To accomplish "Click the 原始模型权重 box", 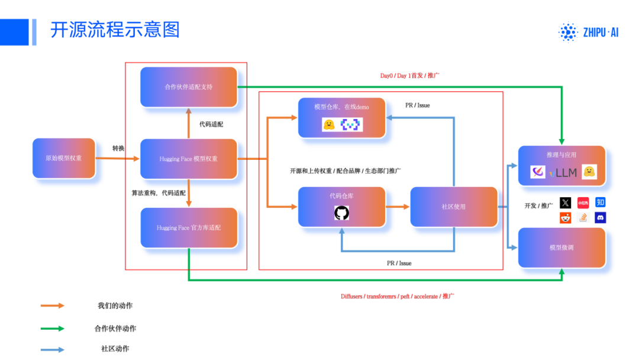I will (x=64, y=158).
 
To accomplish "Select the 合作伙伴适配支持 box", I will (x=189, y=87).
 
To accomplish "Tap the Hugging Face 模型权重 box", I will (x=189, y=159).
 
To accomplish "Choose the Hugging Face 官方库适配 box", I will (x=189, y=227).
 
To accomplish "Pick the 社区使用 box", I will (x=454, y=207).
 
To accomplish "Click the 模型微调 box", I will (x=561, y=247).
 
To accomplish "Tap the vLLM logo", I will (x=563, y=172).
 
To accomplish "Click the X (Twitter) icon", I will (x=566, y=202).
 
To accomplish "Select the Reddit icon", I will (x=566, y=218).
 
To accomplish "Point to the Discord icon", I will (x=600, y=218).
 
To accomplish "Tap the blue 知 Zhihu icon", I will (x=600, y=202).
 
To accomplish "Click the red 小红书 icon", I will (x=583, y=202).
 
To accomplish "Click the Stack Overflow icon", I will (x=583, y=218).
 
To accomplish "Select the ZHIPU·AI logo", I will (x=589, y=33).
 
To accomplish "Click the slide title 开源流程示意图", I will (x=115, y=30).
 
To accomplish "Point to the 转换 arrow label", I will (x=118, y=148).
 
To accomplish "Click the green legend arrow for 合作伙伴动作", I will (x=53, y=328).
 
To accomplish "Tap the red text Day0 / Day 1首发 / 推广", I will (x=409, y=76).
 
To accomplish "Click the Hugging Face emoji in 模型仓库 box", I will (x=329, y=125).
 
